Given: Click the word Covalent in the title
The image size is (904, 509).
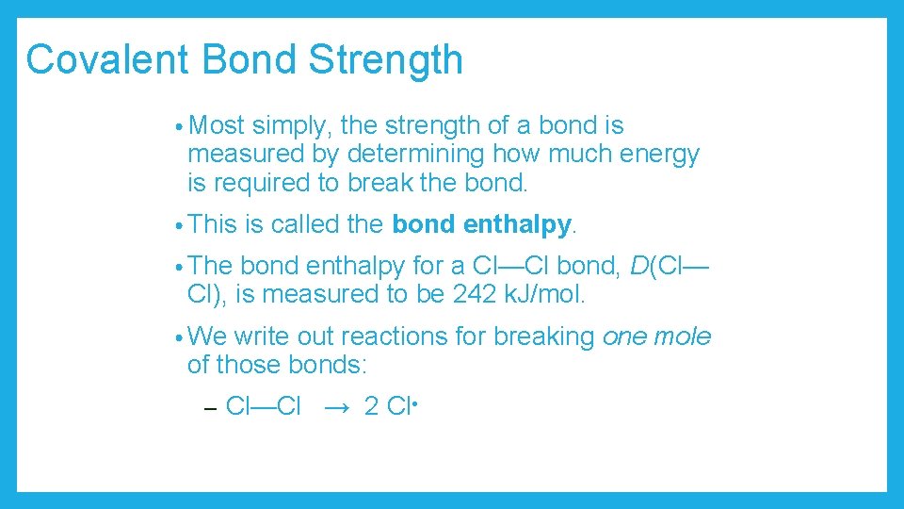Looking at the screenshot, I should tap(109, 59).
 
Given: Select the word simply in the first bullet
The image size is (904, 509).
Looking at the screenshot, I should tap(291, 125).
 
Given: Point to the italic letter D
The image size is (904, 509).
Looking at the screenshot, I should tap(639, 267).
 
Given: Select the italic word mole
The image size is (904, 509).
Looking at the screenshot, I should tap(684, 337).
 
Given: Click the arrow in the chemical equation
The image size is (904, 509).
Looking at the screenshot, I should tap(337, 407).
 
